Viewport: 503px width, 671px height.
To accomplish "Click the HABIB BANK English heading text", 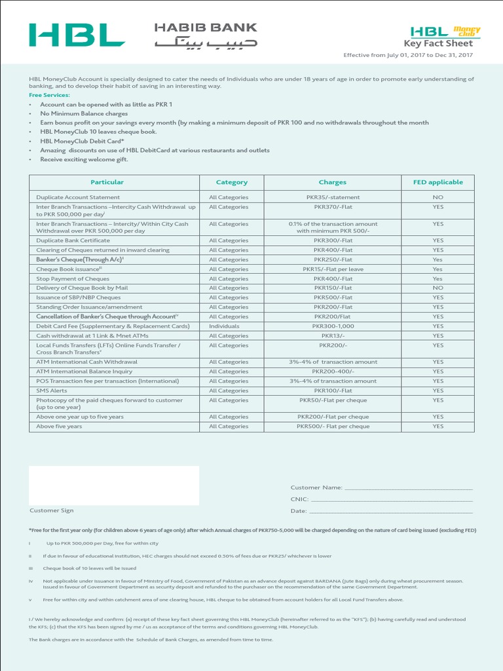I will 206,28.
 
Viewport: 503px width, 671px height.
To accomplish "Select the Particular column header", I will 107,182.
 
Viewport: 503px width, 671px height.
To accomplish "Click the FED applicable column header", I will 438,182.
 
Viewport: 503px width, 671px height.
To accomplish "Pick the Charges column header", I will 333,182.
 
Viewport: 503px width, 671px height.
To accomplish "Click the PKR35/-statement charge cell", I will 333,197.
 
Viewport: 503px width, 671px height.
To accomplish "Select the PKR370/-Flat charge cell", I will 333,207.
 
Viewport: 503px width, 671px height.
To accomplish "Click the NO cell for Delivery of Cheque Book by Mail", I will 438,288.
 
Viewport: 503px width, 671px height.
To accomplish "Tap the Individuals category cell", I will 225,326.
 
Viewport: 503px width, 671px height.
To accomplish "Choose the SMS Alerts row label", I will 52,391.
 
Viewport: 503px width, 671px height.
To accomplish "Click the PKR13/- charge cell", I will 333,335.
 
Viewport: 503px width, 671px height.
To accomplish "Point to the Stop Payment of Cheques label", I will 73,278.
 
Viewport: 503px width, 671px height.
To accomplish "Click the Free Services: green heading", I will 49,95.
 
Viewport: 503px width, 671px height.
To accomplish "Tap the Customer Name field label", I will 316,488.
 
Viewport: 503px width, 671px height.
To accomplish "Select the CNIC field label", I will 299,499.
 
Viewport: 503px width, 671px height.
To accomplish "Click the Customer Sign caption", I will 52,510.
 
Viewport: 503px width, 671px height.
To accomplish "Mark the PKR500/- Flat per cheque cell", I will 333,427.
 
